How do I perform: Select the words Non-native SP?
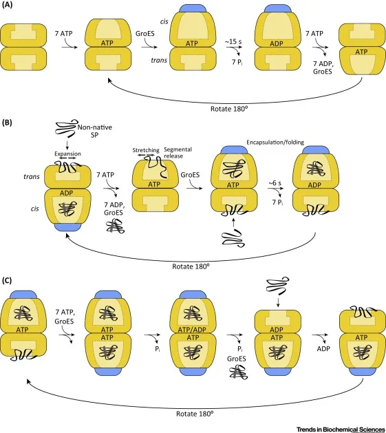(x=94, y=130)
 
